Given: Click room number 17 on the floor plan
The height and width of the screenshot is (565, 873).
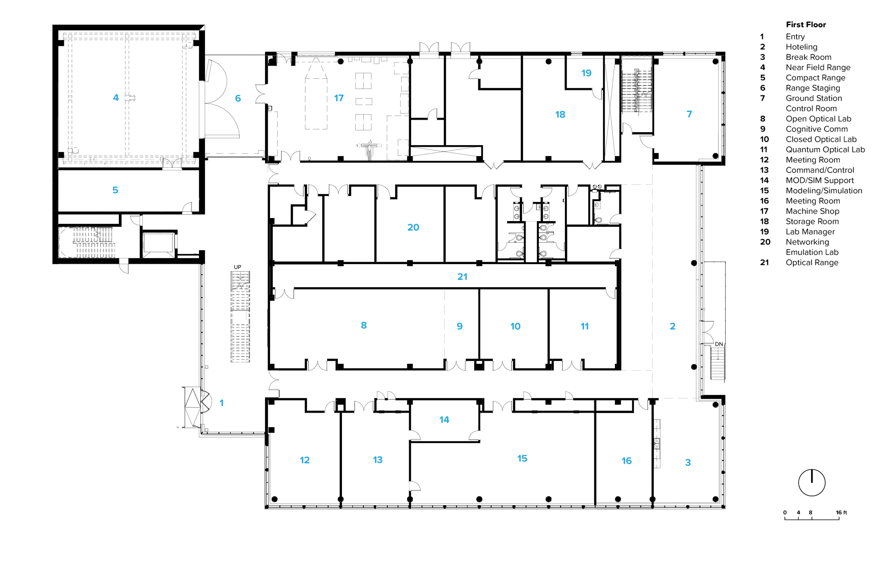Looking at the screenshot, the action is point(339,98).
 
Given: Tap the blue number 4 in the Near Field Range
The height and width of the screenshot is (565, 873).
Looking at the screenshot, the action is point(116,97).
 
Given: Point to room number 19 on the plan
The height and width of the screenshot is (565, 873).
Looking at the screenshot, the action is point(586,73).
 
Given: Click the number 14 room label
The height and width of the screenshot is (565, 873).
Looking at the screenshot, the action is point(444,420).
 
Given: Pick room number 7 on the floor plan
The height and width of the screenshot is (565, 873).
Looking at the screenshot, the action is point(689,114).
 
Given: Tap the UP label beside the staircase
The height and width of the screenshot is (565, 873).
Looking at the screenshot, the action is point(238,267).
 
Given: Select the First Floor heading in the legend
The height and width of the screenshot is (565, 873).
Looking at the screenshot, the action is point(806,25).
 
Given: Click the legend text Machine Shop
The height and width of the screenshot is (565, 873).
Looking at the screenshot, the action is point(813,211).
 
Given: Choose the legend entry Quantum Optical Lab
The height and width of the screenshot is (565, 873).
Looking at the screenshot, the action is point(825,150).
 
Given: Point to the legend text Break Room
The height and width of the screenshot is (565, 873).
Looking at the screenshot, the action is point(808,57).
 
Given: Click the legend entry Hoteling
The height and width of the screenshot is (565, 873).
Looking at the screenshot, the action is point(801,47).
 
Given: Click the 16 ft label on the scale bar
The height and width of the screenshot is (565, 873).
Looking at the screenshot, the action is point(841,512).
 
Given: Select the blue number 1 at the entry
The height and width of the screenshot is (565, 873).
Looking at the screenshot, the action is point(222,403).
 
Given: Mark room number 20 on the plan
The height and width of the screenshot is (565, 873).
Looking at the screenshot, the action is point(413,227).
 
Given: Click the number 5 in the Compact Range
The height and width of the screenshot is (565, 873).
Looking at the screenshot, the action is point(115,190).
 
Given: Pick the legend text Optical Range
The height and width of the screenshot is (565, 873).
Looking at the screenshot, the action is point(812,262).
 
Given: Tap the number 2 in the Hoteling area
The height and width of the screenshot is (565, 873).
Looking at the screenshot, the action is point(672,326).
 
